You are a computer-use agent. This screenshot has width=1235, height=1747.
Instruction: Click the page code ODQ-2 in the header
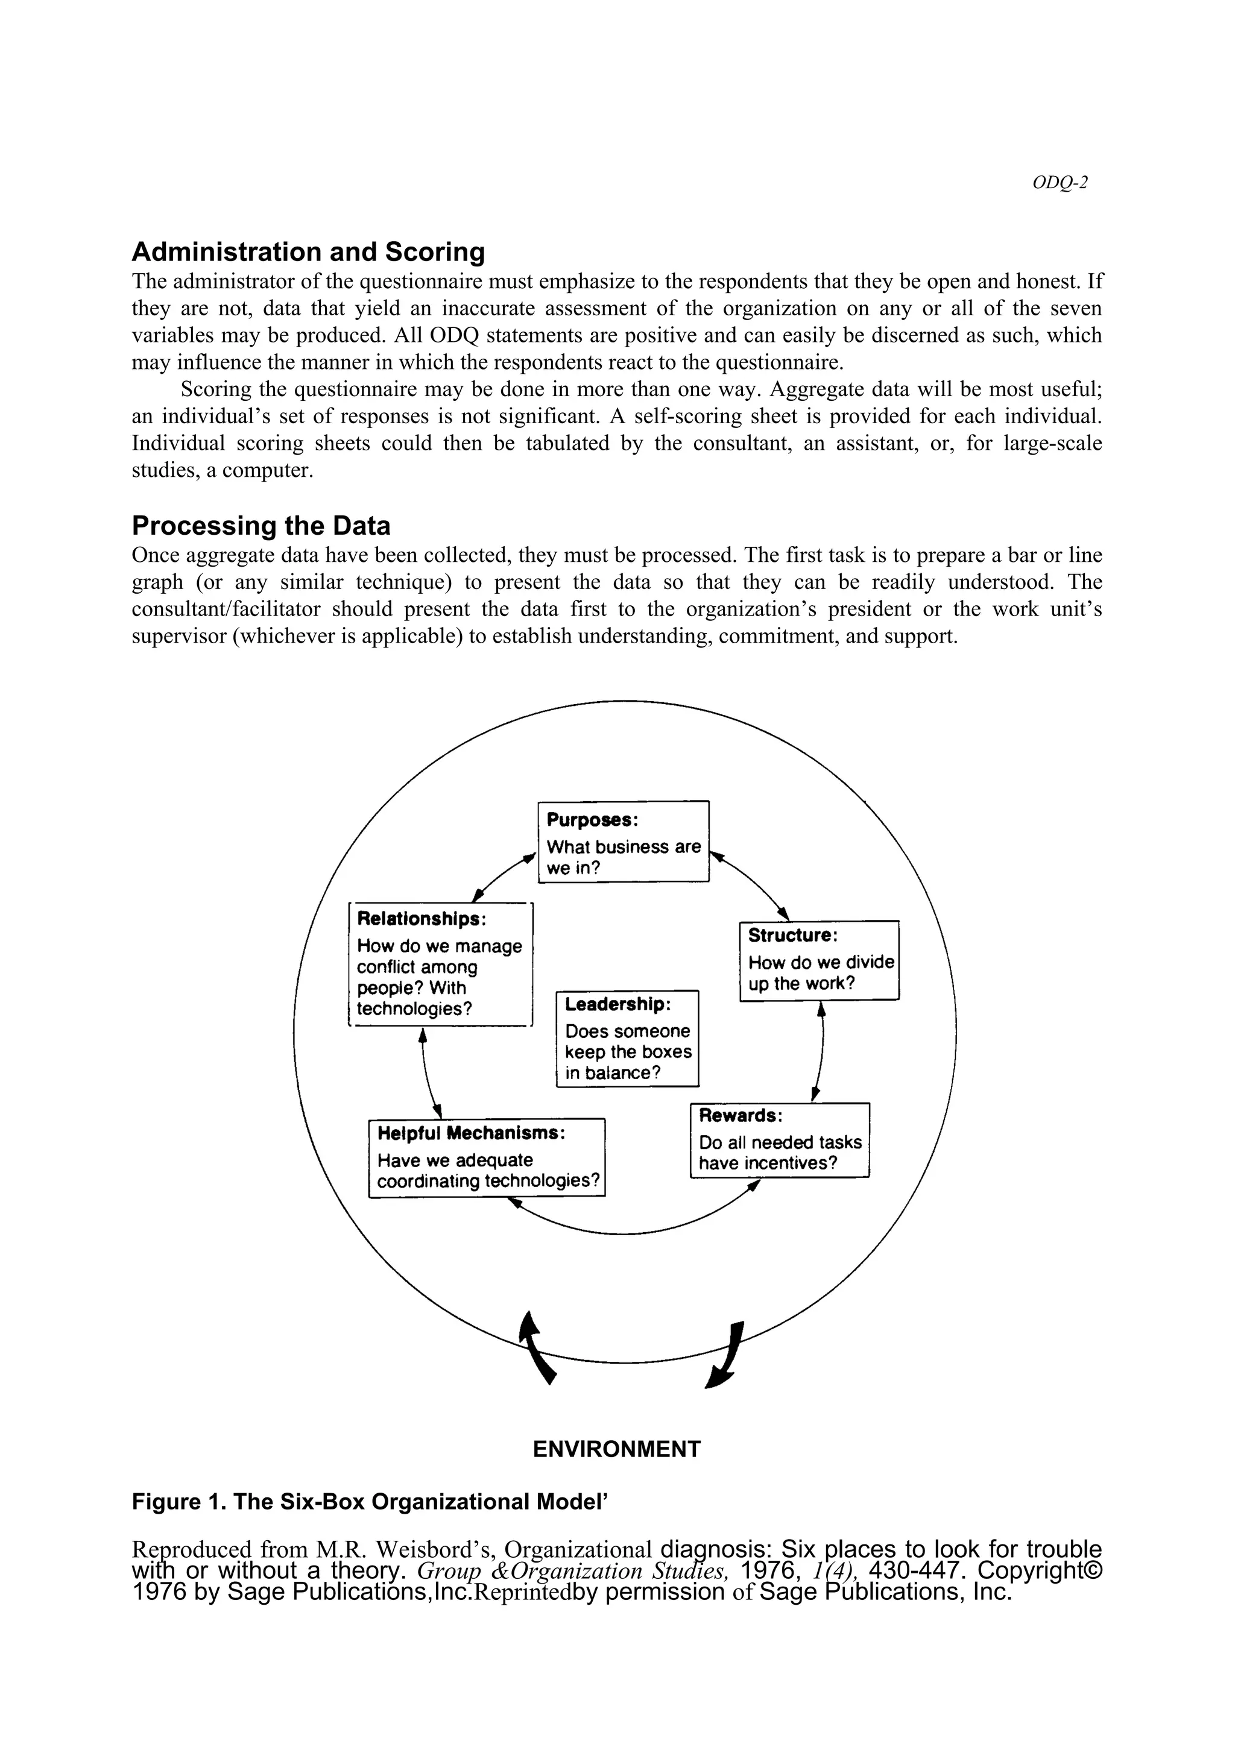point(1060,183)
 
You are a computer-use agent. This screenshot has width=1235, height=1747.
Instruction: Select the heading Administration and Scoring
point(308,252)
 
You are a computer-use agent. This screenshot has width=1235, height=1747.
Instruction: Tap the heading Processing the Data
point(261,526)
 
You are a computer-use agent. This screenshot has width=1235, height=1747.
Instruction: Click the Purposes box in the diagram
point(623,842)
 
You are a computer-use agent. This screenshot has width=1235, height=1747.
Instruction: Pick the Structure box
point(820,960)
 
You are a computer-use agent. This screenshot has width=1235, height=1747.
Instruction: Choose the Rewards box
point(779,1140)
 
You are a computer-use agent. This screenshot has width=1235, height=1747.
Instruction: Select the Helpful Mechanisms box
point(487,1158)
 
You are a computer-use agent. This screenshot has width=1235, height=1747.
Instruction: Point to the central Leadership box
point(628,1039)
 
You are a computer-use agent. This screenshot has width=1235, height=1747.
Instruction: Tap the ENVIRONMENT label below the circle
point(616,1449)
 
